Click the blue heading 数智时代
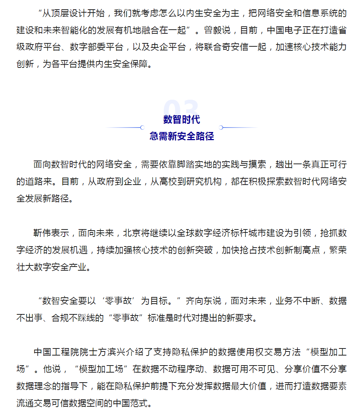(181, 119)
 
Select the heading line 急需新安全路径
(181, 136)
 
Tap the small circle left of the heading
(142, 128)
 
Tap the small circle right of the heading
(221, 128)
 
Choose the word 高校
(169, 181)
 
